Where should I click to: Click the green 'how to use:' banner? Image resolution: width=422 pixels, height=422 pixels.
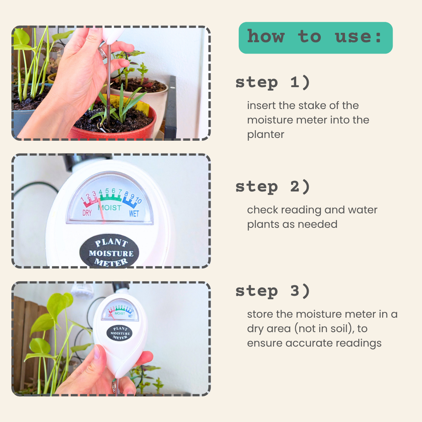coord(315,38)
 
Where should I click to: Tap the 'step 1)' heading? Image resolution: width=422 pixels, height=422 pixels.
coord(273,82)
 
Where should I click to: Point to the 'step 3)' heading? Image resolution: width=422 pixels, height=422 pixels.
coord(273,291)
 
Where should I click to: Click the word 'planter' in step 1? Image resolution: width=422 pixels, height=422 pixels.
coord(266,134)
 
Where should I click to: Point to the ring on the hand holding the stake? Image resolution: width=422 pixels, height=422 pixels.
coord(102,52)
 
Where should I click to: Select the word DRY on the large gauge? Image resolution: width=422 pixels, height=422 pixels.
coord(87,213)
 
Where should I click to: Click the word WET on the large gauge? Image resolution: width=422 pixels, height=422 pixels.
coord(134,213)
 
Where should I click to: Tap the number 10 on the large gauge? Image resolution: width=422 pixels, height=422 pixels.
coord(138,200)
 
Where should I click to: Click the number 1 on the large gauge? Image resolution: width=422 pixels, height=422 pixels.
coord(82,199)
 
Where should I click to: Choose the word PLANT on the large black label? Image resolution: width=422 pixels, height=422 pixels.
coord(111,243)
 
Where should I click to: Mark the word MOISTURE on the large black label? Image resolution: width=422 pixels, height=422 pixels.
coord(111,254)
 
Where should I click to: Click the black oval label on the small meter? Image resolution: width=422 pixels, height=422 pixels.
coord(120,333)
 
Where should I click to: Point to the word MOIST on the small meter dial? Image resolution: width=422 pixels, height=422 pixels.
coord(120,313)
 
